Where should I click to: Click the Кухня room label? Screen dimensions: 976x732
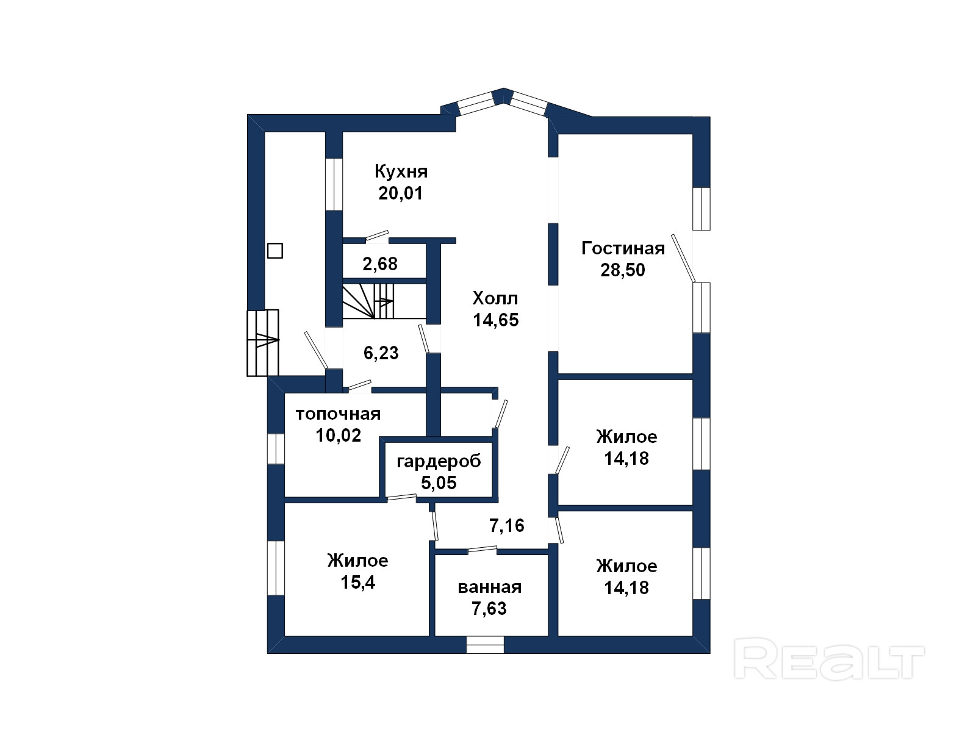point(401,171)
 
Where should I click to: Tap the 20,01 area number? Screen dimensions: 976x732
point(401,193)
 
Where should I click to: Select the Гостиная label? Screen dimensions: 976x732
point(623,248)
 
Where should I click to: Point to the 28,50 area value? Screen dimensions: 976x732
point(623,270)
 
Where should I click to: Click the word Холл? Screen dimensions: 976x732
point(495,298)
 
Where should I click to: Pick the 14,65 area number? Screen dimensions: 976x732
point(496,320)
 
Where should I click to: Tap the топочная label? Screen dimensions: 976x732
point(339,414)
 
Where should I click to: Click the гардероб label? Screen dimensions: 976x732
point(439,462)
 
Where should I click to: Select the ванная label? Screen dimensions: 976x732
point(490,587)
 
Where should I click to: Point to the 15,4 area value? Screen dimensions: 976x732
point(358,582)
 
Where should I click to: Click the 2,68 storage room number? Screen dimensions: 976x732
point(380,264)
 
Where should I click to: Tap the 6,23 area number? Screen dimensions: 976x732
point(381,353)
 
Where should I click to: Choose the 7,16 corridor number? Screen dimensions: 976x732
point(507,525)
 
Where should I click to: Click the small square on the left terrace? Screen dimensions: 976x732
point(274,251)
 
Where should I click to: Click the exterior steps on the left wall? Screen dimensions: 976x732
point(263,343)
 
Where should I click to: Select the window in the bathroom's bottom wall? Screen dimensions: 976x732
point(485,644)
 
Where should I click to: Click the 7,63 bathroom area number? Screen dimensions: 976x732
point(489,608)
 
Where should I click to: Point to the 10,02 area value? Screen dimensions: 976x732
point(339,436)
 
